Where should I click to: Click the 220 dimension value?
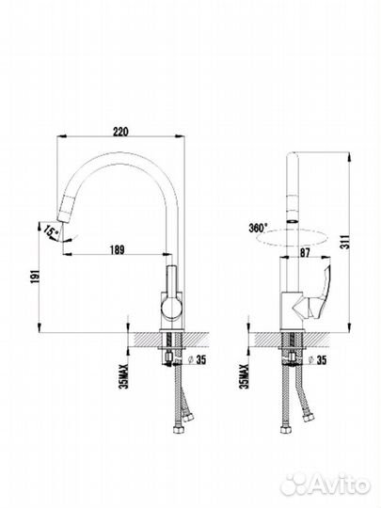(120, 132)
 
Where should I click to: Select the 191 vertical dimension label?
(35, 276)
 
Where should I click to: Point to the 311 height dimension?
(346, 242)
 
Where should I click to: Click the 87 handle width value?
(305, 252)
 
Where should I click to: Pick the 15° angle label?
(51, 231)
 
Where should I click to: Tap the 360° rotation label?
(258, 228)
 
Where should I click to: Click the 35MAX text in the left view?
(124, 375)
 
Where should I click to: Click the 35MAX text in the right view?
(244, 375)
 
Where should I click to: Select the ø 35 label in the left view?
(197, 359)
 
